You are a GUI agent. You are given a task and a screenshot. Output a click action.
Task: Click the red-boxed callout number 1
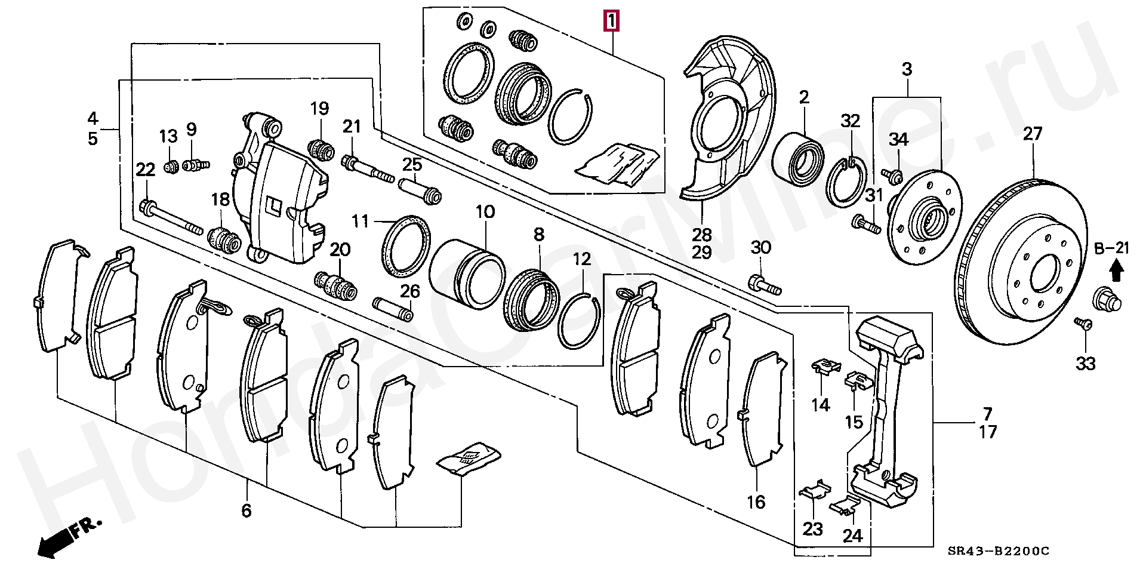610,22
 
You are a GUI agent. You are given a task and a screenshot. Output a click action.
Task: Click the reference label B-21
1111,248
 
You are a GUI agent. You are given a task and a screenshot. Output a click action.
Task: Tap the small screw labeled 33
1083,324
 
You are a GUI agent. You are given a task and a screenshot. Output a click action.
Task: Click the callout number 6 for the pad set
247,511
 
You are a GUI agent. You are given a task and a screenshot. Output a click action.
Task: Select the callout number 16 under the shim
756,502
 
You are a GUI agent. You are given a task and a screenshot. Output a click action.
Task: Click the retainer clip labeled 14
825,366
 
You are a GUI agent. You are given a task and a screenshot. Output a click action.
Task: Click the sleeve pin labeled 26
393,308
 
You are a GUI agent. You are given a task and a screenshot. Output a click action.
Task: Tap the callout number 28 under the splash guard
702,235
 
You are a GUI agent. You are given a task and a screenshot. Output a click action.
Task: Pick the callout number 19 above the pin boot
319,109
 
